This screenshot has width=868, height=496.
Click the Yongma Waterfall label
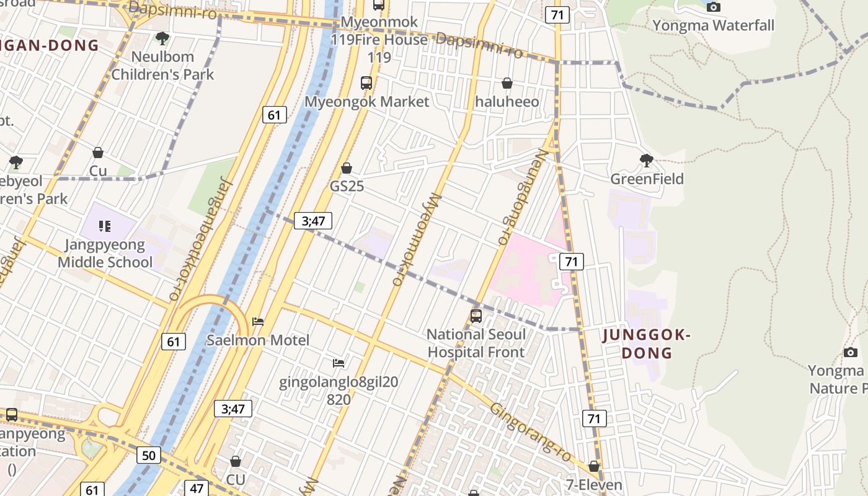(x=713, y=25)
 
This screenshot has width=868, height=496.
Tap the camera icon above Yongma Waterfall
(x=714, y=7)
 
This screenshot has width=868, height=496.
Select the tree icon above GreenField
(x=647, y=161)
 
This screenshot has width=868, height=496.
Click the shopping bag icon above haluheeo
(x=507, y=83)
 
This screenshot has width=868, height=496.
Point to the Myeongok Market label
(x=366, y=101)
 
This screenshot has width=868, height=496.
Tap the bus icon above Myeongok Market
(x=366, y=82)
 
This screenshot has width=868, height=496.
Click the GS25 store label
(x=347, y=186)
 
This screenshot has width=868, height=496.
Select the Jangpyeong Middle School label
(x=105, y=253)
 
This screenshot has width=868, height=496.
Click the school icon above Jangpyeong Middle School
(x=105, y=226)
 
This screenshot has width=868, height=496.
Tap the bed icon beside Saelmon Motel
(x=258, y=321)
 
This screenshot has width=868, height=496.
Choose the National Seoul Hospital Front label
(x=476, y=343)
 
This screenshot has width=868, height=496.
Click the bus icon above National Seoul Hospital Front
(x=476, y=316)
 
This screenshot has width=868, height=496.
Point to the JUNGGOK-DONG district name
(x=647, y=344)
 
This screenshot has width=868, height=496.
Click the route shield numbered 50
(x=149, y=456)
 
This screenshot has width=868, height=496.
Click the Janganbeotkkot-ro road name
(x=199, y=242)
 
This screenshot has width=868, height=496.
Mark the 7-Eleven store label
(x=594, y=484)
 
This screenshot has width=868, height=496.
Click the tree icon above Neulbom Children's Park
(x=162, y=38)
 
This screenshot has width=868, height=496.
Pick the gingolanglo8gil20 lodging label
(x=339, y=381)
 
